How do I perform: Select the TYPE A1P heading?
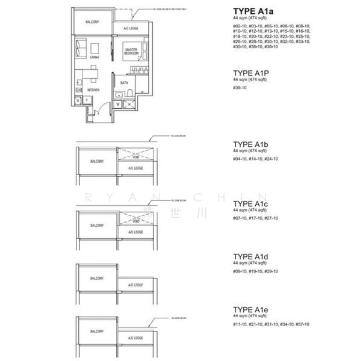point(251,73)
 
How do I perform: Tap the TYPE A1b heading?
point(251,145)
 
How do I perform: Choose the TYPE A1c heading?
point(251,204)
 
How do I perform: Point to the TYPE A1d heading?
point(251,257)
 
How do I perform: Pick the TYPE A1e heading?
point(251,310)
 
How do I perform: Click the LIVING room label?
point(94,57)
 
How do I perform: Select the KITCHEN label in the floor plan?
point(93,90)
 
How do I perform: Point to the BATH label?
point(124,82)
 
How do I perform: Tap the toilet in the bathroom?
point(129,93)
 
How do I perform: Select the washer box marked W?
point(118,103)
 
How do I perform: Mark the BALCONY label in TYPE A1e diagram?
point(96,331)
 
